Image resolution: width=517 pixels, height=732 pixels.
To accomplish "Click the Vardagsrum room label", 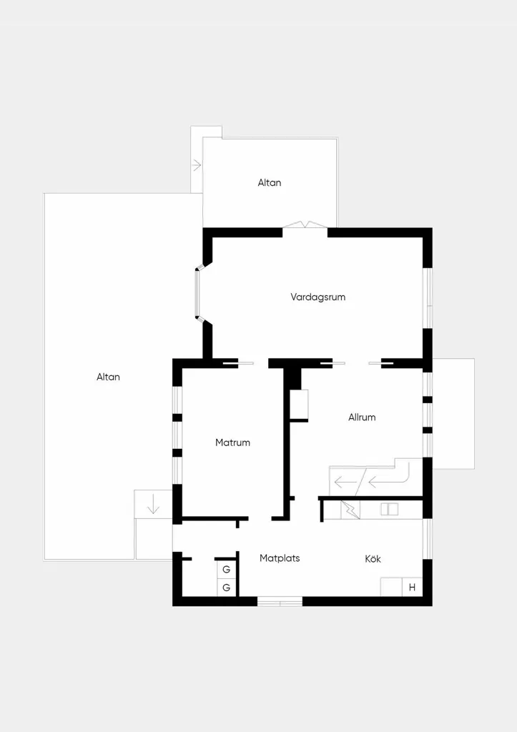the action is [x=317, y=297].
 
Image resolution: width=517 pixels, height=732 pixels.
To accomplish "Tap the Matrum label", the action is [x=232, y=442].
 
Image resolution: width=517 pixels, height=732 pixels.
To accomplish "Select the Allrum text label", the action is [x=362, y=417].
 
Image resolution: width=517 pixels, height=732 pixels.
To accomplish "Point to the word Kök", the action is [x=373, y=559].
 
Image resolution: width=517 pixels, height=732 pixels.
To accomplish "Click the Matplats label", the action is [x=280, y=558].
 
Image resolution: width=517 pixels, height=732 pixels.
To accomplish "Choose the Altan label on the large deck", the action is [x=109, y=377].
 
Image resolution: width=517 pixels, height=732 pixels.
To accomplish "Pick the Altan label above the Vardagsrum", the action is [x=270, y=183].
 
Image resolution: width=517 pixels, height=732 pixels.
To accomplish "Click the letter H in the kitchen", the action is [x=412, y=588].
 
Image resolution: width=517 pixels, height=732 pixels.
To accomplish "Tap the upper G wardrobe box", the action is [x=227, y=569].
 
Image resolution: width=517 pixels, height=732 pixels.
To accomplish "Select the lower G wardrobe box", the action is [x=227, y=588].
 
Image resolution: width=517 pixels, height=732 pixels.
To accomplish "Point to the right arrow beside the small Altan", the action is [x=197, y=165].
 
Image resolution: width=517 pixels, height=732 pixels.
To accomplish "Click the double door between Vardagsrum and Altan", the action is [x=305, y=225].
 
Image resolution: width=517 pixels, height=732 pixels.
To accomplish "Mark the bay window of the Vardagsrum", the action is [x=197, y=294].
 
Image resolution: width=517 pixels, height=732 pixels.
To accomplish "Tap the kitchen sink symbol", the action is [x=390, y=509].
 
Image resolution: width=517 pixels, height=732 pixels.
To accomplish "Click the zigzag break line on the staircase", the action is [x=350, y=509].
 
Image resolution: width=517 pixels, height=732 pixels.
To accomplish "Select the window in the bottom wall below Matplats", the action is [x=280, y=601].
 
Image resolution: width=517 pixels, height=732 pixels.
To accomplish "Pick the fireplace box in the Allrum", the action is [x=299, y=405].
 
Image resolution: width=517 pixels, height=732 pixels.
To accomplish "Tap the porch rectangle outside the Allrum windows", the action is [x=453, y=414].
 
